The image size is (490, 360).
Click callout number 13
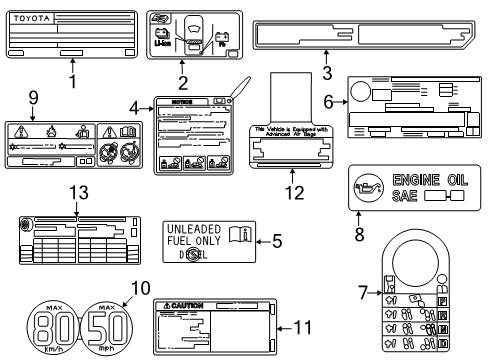click(77, 192)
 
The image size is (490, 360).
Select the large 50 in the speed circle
click(111, 326)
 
